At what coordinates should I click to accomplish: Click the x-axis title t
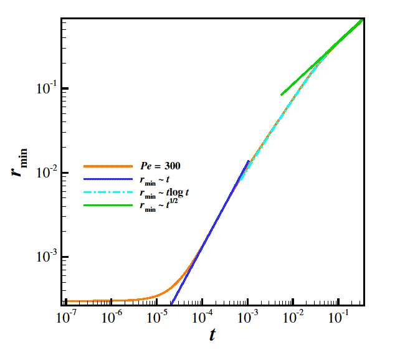tap(212, 334)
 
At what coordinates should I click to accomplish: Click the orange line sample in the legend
tap(108, 166)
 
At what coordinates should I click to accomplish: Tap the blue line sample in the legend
tap(108, 179)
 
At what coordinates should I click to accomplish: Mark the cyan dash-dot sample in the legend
tap(108, 192)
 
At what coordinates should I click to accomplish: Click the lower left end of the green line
tap(282, 95)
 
